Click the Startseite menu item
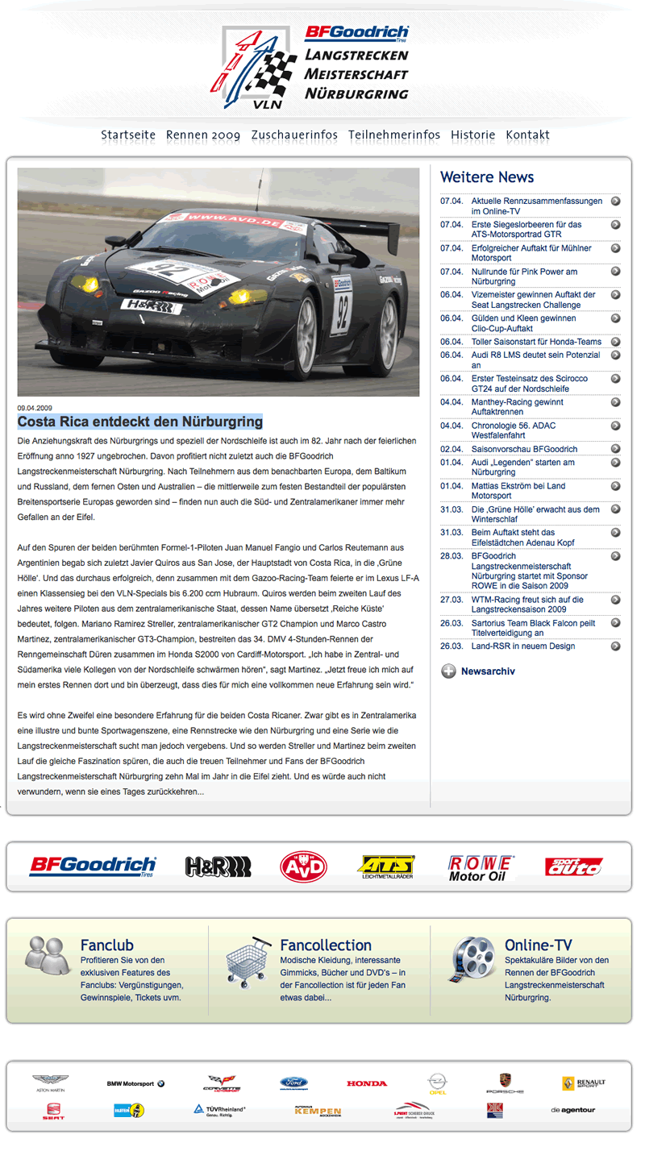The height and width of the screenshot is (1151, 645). (x=128, y=135)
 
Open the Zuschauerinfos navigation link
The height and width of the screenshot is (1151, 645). (x=294, y=135)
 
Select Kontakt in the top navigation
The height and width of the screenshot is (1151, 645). (x=527, y=135)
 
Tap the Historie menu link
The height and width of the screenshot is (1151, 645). (x=472, y=135)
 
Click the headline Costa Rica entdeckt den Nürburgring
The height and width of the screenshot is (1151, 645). (x=140, y=422)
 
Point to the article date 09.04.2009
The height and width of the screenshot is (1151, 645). (x=35, y=408)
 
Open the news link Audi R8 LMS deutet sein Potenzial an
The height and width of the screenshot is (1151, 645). (x=535, y=359)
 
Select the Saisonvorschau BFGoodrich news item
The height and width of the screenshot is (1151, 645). (x=524, y=449)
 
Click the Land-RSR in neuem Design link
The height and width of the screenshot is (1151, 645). (x=523, y=646)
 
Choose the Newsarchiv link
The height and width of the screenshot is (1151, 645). (x=487, y=671)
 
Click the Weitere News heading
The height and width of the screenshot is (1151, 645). (x=487, y=177)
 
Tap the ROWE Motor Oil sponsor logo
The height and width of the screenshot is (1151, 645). (x=481, y=867)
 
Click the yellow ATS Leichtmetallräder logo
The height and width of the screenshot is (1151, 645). (x=386, y=866)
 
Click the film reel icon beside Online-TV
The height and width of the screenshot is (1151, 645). (x=472, y=959)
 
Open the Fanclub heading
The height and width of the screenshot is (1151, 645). (x=107, y=945)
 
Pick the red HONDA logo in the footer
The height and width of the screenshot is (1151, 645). (x=367, y=1083)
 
